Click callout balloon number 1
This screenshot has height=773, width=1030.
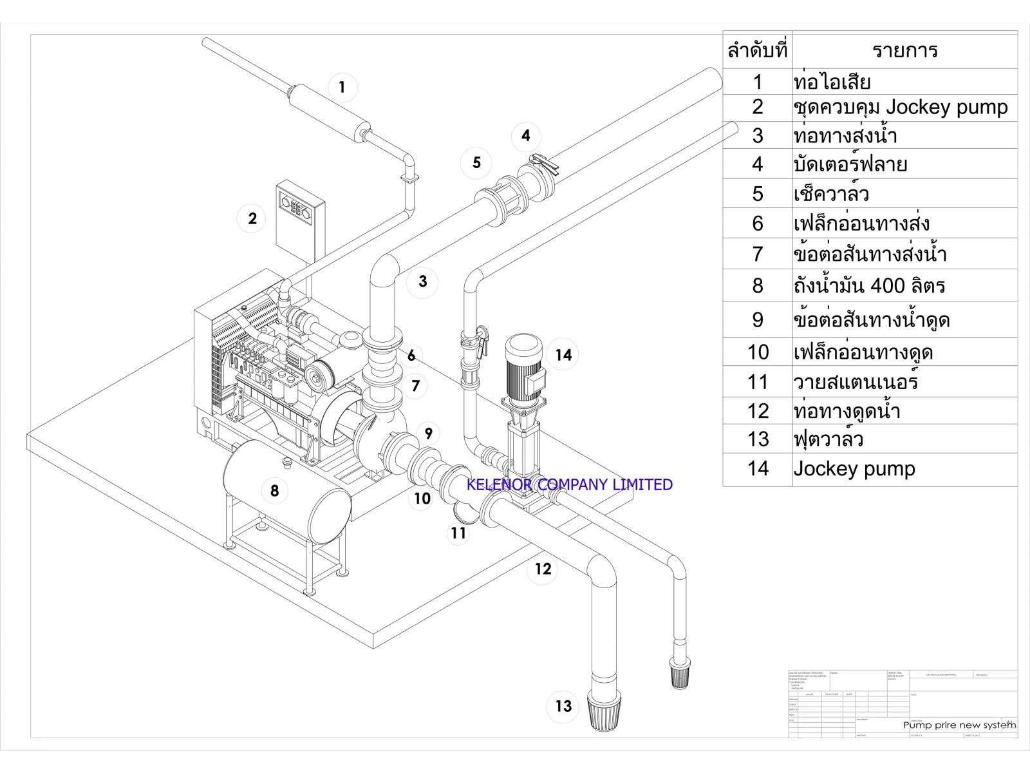(342, 87)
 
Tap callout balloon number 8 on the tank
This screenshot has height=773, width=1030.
(274, 491)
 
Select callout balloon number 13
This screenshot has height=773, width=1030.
(563, 706)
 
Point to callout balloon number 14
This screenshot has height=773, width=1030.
(563, 355)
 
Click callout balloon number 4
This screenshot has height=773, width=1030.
(526, 135)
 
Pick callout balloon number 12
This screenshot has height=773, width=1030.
(543, 569)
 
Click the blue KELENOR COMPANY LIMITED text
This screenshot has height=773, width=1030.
(569, 484)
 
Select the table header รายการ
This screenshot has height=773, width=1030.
(904, 50)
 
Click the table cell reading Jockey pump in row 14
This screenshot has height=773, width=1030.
(854, 469)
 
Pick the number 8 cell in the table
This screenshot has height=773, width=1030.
(758, 285)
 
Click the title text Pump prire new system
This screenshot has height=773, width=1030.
(959, 725)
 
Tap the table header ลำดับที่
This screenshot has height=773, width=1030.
(757, 50)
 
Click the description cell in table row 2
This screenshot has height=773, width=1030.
(900, 107)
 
